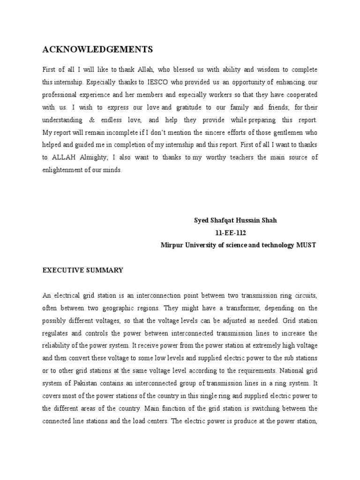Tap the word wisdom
254,69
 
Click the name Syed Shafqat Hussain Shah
235,220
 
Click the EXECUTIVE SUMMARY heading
83,270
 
